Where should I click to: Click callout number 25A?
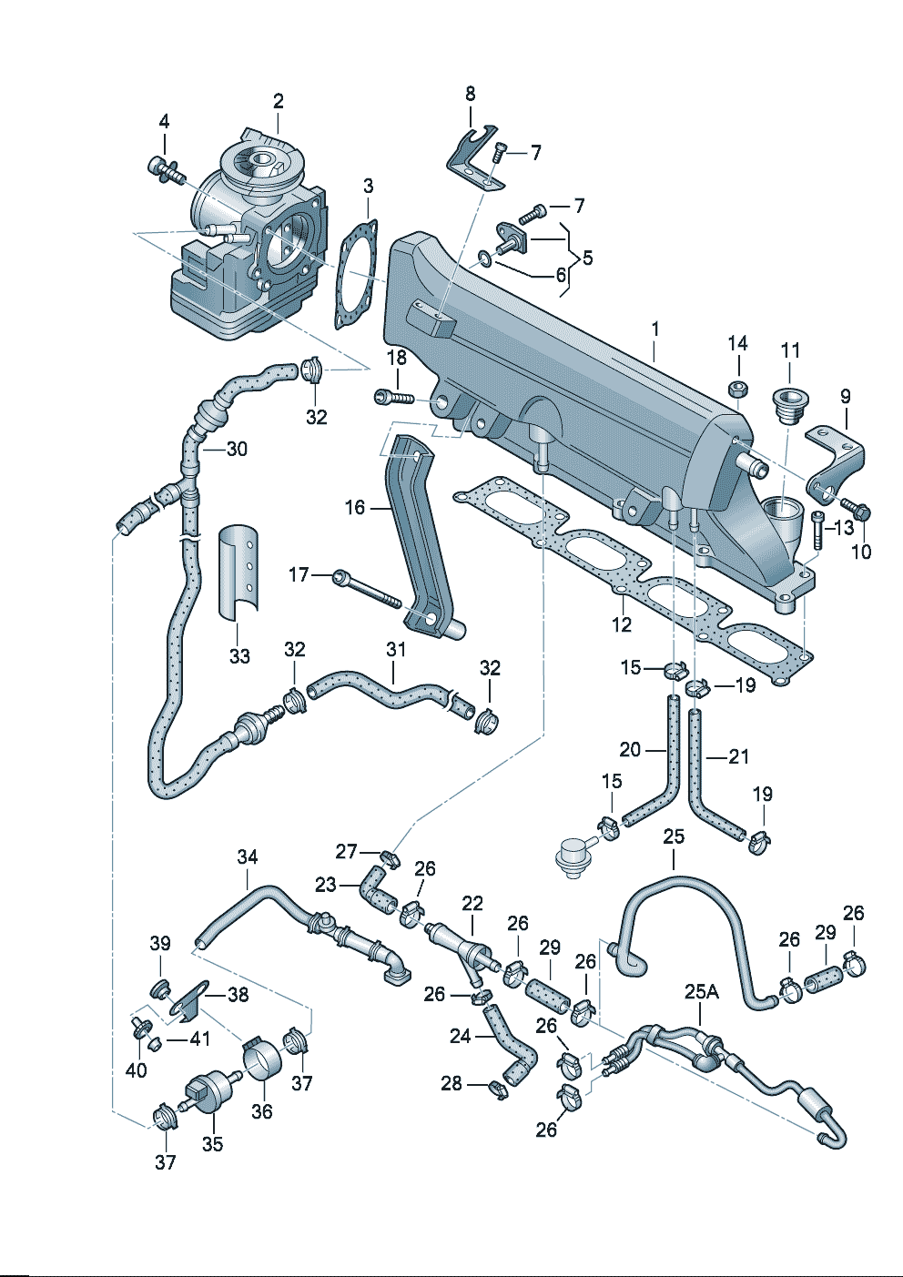pos(701,991)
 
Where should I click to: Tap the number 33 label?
pos(239,656)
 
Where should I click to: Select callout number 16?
pos(355,507)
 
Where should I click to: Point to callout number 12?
pos(622,625)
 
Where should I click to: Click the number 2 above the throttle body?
pos(278,101)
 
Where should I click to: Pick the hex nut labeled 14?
pos(739,390)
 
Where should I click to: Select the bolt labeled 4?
pos(164,168)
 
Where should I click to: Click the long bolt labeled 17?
pos(367,589)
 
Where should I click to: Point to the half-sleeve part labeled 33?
pos(238,570)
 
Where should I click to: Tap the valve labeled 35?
pos(206,1091)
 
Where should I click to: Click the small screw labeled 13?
pos(817,529)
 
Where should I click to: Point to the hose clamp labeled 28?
pos(497,1086)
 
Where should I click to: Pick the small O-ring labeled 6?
pos(486,261)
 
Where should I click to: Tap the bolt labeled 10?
pos(855,507)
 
